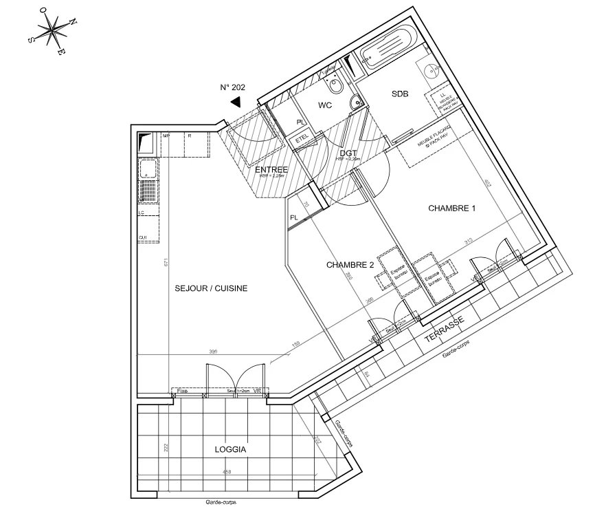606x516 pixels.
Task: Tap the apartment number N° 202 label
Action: click(x=233, y=87)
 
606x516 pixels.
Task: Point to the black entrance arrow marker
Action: click(x=236, y=103)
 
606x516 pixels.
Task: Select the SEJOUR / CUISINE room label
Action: click(x=211, y=289)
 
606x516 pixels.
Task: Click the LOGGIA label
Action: click(x=230, y=449)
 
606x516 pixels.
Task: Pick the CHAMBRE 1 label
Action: click(x=451, y=208)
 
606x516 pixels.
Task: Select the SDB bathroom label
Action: click(x=400, y=96)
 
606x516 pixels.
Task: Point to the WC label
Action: click(x=324, y=106)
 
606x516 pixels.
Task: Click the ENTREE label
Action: click(x=271, y=169)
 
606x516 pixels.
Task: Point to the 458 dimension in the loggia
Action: click(x=226, y=472)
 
